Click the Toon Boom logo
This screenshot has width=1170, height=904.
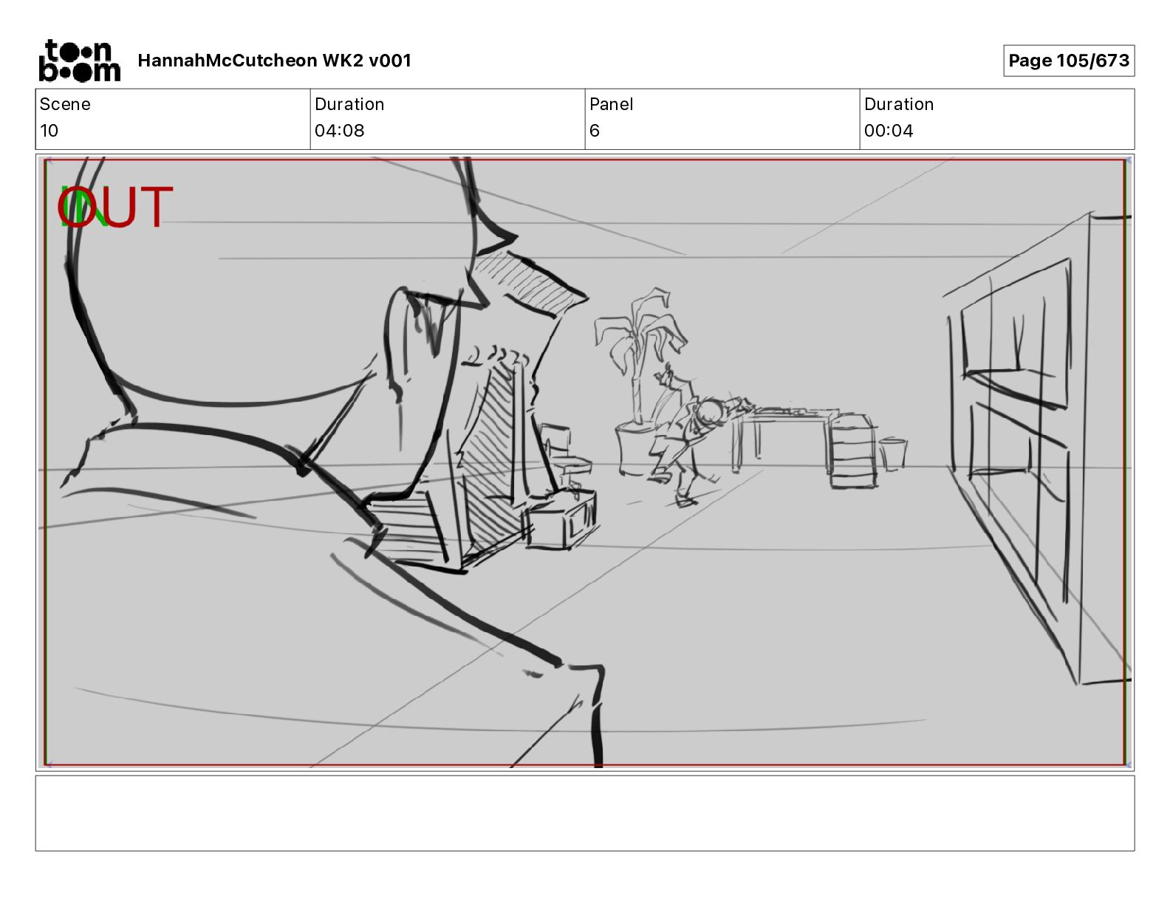80,61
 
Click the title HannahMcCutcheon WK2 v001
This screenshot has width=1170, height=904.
275,61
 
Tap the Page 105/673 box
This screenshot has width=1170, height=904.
1069,61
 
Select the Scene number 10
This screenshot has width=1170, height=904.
49,131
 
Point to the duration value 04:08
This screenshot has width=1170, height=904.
339,131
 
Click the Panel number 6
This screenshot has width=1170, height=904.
595,131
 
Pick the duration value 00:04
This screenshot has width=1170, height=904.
889,131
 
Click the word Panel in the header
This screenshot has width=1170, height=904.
611,104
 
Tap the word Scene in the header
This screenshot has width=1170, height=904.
65,104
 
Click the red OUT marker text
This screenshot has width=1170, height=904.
115,207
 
